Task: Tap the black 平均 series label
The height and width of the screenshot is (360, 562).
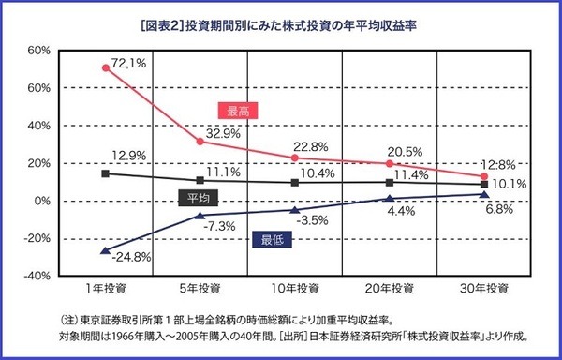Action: point(199,198)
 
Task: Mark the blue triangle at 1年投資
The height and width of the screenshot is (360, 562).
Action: point(106,249)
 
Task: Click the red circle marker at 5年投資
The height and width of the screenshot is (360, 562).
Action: point(200,141)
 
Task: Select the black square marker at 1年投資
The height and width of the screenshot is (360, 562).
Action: point(106,173)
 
